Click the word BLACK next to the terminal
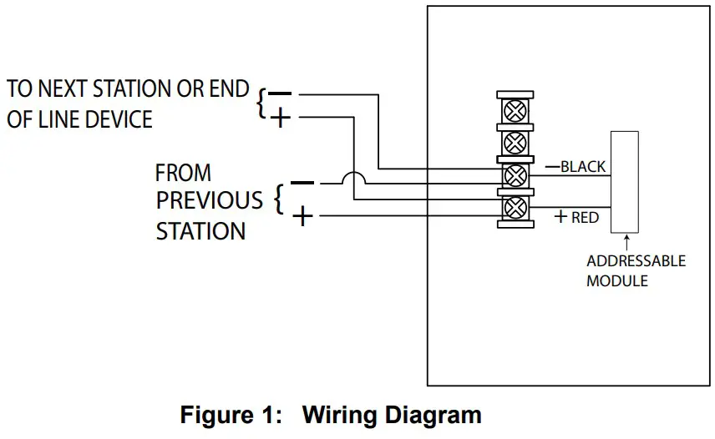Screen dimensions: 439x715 tap(583, 166)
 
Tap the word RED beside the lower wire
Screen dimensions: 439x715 tap(585, 217)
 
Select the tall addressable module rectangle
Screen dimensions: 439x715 tap(624, 182)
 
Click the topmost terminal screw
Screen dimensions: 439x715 tap(516, 108)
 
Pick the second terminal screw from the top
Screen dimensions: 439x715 tap(516, 141)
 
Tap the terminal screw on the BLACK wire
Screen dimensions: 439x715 tap(516, 174)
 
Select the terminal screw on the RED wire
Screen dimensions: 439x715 tap(516, 207)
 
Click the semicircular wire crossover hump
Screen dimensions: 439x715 tap(354, 180)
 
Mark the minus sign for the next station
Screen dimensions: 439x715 tap(281, 94)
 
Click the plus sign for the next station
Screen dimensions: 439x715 tap(281, 119)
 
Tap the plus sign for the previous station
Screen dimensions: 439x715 tap(303, 217)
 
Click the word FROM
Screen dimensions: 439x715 tap(183, 174)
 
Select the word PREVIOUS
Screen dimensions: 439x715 tap(209, 201)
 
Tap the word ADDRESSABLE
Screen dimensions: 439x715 tap(636, 261)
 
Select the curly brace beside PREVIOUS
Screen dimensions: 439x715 tap(279, 200)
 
